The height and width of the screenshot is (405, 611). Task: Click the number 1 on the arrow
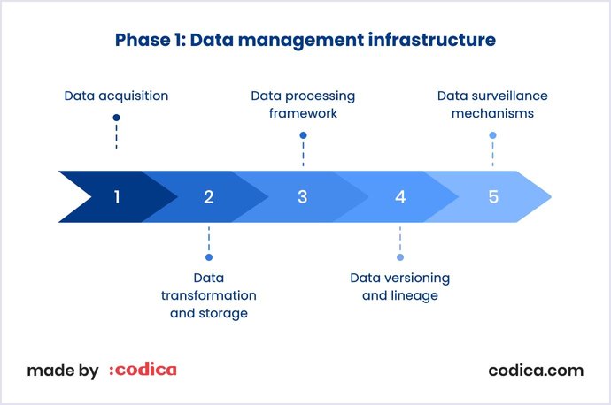(116, 196)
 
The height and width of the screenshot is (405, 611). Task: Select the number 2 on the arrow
(209, 196)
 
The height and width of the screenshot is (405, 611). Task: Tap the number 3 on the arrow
(302, 196)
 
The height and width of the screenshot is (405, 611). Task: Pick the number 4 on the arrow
(400, 196)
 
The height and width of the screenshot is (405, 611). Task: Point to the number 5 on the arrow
(493, 196)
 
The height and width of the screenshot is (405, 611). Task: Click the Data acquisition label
(116, 95)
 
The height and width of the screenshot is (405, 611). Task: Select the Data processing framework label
(303, 104)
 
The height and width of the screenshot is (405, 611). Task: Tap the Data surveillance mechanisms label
(492, 104)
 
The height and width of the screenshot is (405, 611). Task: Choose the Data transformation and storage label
(209, 295)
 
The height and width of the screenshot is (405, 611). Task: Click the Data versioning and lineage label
(400, 287)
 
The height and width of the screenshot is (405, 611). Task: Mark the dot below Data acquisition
(116, 118)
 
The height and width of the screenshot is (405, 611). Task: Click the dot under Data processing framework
(303, 135)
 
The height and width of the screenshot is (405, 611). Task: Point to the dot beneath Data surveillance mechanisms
(492, 135)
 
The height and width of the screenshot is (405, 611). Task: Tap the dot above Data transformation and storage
(209, 257)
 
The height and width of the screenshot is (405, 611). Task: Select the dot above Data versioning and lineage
(400, 257)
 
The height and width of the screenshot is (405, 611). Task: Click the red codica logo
(143, 370)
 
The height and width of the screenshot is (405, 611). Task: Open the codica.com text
(536, 370)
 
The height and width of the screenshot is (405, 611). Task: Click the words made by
(62, 371)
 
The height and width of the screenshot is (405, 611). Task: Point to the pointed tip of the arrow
(548, 196)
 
